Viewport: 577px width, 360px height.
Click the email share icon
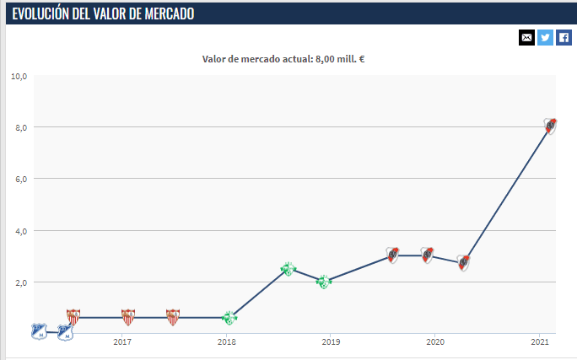point(527,37)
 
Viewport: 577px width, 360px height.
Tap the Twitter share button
point(546,37)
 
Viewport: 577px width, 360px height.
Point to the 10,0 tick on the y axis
point(19,76)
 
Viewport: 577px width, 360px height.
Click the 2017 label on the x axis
point(121,341)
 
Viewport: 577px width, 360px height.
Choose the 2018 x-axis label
point(226,341)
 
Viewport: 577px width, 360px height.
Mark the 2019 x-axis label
point(331,341)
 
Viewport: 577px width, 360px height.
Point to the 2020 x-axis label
point(435,341)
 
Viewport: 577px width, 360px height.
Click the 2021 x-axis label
point(540,341)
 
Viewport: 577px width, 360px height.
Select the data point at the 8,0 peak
point(550,126)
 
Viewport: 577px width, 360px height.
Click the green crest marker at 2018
point(229,318)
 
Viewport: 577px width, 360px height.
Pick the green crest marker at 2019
point(323,281)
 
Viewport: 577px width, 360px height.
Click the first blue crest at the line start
point(38,331)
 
